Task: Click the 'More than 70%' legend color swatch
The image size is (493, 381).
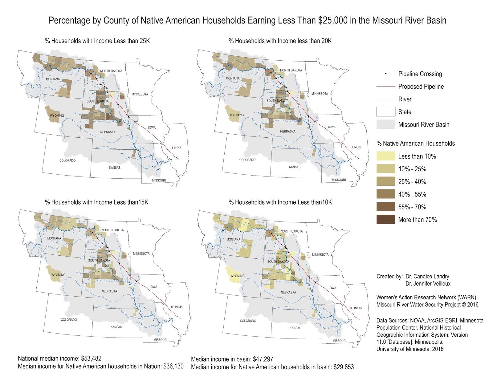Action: coord(385,219)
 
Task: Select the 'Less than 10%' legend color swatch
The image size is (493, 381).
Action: coord(385,156)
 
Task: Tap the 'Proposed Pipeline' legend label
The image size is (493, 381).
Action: coord(421,87)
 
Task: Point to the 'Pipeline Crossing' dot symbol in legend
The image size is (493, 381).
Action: coord(385,74)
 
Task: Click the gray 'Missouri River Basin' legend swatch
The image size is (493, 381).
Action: coord(385,124)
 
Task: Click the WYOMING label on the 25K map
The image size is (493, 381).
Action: coord(57,116)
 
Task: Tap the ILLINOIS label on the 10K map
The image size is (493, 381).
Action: coord(356,308)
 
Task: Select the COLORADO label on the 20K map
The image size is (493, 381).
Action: coord(247,160)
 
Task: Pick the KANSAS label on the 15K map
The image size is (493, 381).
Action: coord(116,327)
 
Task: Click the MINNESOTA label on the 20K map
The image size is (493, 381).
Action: coord(320,93)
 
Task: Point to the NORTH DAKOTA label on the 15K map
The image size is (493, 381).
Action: coord(112,230)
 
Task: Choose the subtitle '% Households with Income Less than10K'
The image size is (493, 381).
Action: coord(280,202)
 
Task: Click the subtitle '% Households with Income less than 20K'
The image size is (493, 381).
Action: coord(280,41)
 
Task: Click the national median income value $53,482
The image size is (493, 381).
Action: coord(91,358)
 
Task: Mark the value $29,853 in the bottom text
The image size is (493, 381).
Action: coord(344,367)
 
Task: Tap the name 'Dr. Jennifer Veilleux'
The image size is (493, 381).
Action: coord(428,283)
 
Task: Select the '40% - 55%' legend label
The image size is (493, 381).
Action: coord(412,194)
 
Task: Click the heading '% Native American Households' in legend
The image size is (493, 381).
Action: coord(415,143)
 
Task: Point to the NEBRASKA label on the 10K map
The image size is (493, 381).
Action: coord(288,292)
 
